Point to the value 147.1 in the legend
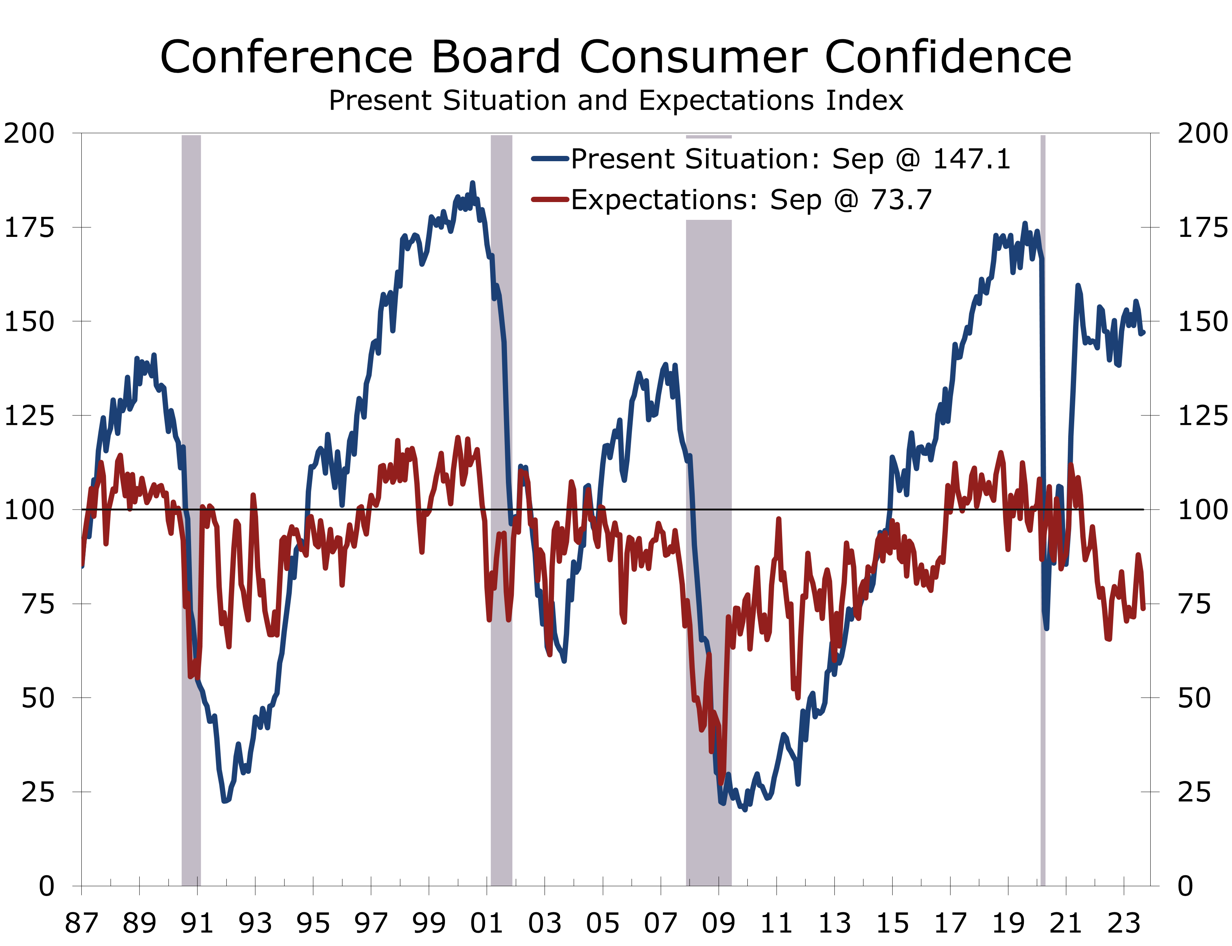click(x=972, y=159)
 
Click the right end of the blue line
click(x=1143, y=333)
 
